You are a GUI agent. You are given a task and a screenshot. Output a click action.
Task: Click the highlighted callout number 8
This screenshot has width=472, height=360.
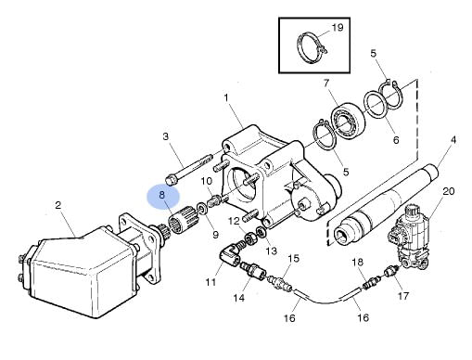click(x=162, y=195)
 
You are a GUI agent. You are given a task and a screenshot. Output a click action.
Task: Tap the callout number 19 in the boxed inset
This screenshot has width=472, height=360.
click(x=338, y=28)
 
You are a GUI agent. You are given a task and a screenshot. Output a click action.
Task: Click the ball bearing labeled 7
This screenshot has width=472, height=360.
click(x=348, y=120)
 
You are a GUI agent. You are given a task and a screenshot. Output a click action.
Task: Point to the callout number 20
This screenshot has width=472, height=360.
click(x=449, y=191)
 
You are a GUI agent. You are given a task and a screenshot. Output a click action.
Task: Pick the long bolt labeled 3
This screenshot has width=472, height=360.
click(x=189, y=169)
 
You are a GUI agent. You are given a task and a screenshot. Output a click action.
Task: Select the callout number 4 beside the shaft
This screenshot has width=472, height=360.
click(x=453, y=140)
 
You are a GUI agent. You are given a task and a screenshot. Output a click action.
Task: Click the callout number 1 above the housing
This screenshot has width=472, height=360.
click(x=226, y=98)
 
